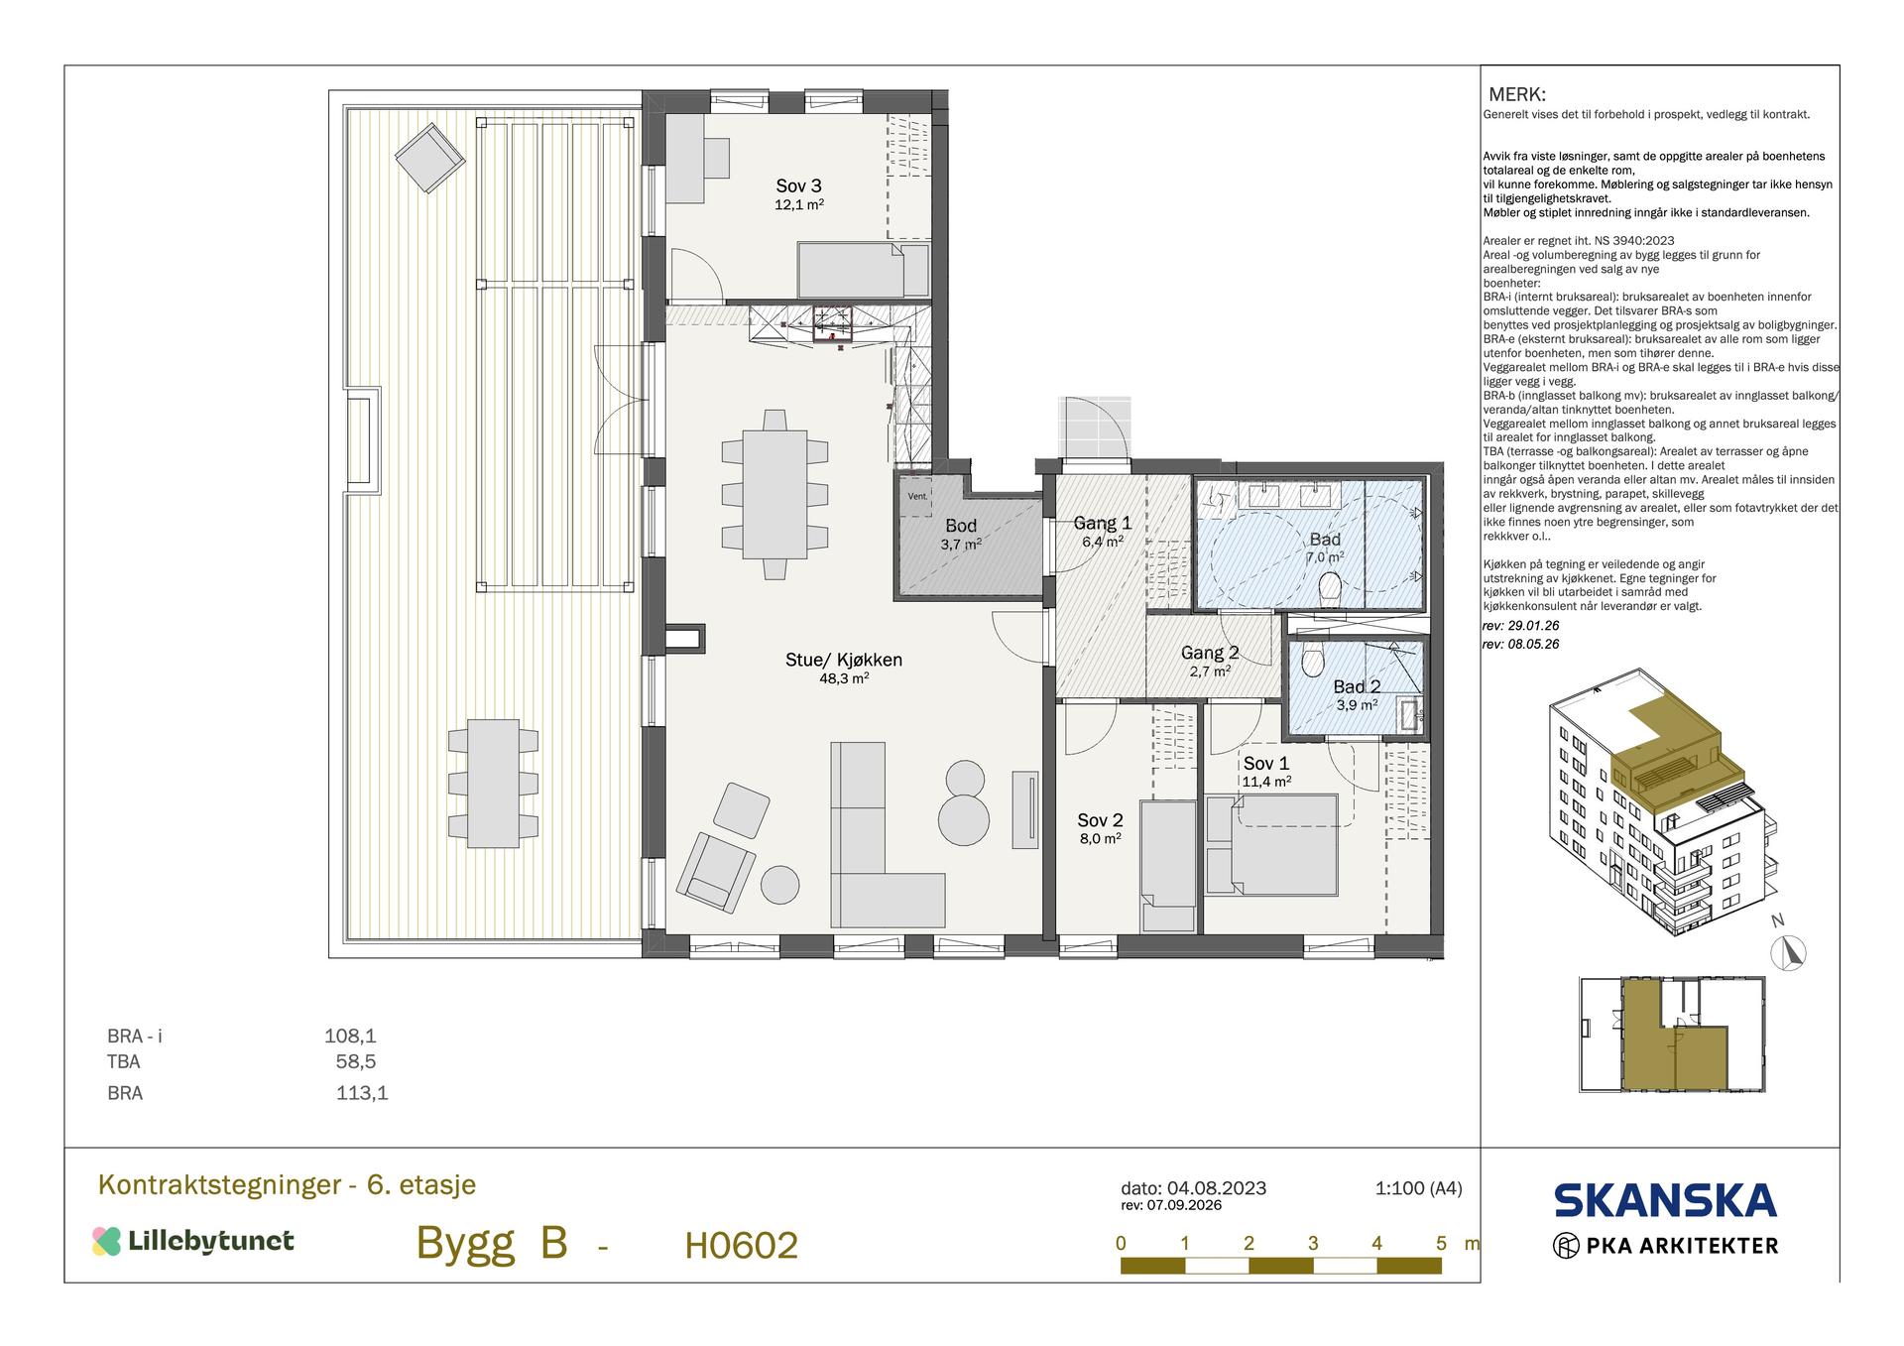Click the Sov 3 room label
tap(798, 185)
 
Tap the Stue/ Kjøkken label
tap(844, 660)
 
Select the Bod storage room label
tap(961, 526)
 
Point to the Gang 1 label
tap(1103, 523)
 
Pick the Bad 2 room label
tap(1357, 686)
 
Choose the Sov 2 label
tap(1100, 820)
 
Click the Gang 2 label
tap(1210, 653)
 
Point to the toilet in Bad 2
tap(1314, 661)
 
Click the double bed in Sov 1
tap(1272, 844)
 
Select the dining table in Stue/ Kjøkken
tap(775, 495)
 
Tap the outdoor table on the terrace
tap(493, 783)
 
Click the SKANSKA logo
tap(1665, 1200)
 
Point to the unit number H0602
tap(741, 1246)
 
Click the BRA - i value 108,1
tap(350, 1037)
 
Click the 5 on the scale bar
tap(1441, 1243)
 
